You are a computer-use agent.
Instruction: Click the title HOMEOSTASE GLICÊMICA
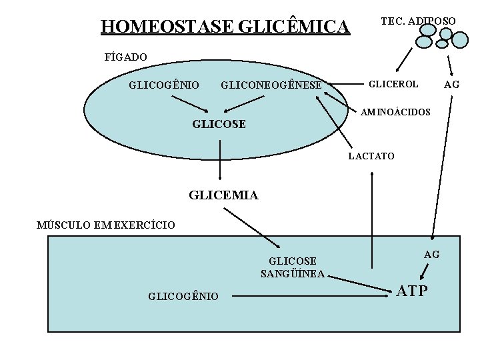tap(225, 27)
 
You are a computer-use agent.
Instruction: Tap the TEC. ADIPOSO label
tap(418, 21)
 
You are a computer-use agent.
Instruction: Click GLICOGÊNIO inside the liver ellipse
tap(163, 85)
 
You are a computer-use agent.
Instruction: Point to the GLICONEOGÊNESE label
tap(271, 85)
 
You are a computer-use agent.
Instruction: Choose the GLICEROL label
tap(393, 84)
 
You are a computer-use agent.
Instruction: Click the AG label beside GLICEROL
tap(452, 84)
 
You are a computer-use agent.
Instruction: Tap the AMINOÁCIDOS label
tap(395, 111)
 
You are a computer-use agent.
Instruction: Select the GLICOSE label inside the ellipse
tap(219, 124)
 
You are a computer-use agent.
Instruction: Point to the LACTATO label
tap(372, 156)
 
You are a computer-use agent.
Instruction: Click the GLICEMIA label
tap(223, 195)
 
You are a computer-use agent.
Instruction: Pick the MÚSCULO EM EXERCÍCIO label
tap(106, 225)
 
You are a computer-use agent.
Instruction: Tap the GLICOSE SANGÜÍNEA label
tap(293, 267)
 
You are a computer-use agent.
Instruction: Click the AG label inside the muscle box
tap(431, 254)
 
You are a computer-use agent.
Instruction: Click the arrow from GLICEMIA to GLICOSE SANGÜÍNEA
tap(251, 227)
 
